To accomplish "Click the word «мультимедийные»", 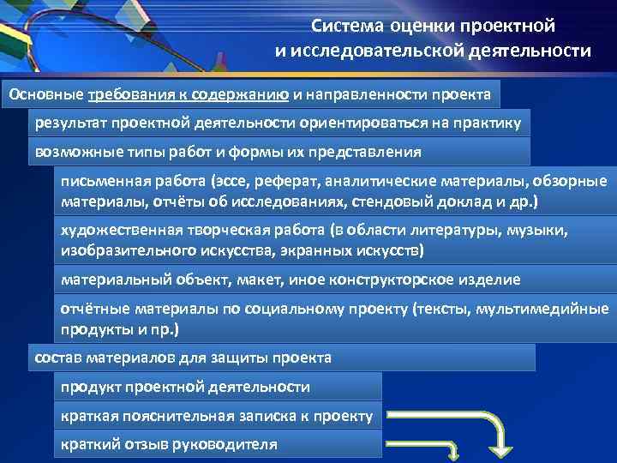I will point(549,309).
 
